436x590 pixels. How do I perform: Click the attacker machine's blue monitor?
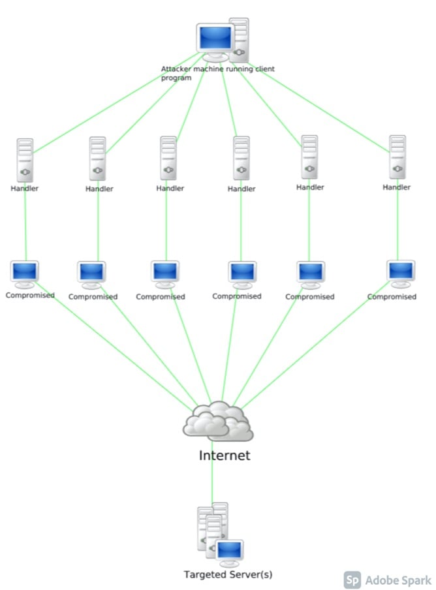(215, 39)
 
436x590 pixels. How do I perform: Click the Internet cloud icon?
(218, 421)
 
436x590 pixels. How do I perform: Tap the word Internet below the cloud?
(224, 455)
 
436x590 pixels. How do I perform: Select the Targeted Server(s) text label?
(228, 575)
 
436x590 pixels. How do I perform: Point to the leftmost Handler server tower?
(25, 160)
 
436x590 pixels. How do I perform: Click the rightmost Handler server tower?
(397, 157)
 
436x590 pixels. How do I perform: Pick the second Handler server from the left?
(98, 159)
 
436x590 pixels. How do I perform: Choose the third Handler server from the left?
(168, 158)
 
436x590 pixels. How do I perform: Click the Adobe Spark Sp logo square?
(352, 580)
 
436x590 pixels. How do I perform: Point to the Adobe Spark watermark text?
(398, 580)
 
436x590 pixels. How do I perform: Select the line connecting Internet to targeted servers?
(212, 483)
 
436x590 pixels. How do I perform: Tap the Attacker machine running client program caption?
(218, 73)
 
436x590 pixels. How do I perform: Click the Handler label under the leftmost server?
(25, 189)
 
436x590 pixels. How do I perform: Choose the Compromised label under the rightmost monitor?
(392, 296)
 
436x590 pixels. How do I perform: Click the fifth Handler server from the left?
(309, 157)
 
